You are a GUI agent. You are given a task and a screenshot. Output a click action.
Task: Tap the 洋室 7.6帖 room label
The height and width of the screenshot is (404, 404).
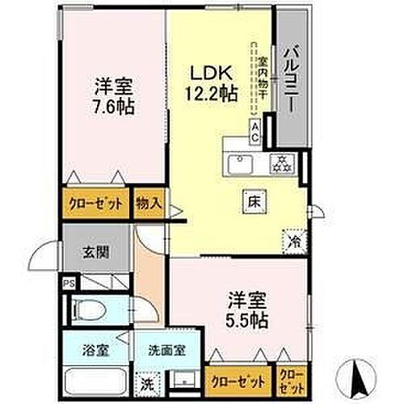113,95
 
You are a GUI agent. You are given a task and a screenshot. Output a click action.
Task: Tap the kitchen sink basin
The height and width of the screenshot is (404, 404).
239,164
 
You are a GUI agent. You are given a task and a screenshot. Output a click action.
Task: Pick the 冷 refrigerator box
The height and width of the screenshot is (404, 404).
294,239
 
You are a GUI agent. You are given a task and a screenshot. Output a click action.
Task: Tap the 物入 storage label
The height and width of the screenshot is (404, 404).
147,203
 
